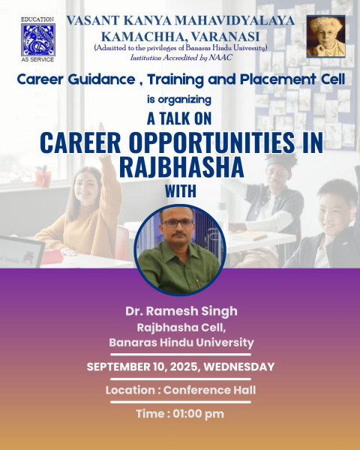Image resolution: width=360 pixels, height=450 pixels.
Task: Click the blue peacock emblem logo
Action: pos(38,40)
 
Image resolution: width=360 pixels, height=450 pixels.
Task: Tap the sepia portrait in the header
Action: pos(325,37)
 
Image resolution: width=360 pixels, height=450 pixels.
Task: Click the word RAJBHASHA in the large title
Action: pos(181,167)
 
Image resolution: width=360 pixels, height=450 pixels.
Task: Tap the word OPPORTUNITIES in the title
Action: pos(211,142)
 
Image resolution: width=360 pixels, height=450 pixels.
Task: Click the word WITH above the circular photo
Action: pos(181,191)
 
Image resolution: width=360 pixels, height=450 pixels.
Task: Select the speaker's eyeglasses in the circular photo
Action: pos(178,223)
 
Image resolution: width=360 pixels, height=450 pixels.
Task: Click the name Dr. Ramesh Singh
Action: pos(181,311)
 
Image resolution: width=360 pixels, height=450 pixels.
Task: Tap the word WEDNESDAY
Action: pos(239,367)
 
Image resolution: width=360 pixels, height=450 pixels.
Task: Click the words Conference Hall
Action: pos(209,390)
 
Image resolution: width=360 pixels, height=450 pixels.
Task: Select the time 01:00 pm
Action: pos(198,414)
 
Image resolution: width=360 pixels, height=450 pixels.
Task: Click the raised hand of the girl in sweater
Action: pos(101,127)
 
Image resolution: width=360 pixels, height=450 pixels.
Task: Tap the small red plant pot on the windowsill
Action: pos(43,178)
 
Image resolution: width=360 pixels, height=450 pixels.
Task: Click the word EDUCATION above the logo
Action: pos(37,19)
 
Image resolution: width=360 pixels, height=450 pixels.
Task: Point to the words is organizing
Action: pos(179,100)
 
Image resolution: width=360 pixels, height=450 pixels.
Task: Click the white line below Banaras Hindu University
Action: pos(181,355)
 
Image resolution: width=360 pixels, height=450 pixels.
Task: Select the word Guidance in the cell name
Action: pos(102,79)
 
